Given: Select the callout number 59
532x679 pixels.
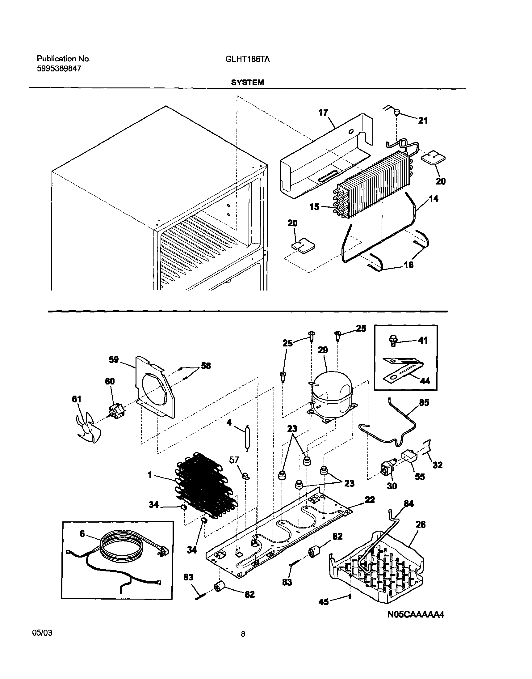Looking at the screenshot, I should tap(114, 359).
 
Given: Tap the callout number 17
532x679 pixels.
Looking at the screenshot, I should tap(323, 112).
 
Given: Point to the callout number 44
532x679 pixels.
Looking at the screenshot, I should tap(425, 381).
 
